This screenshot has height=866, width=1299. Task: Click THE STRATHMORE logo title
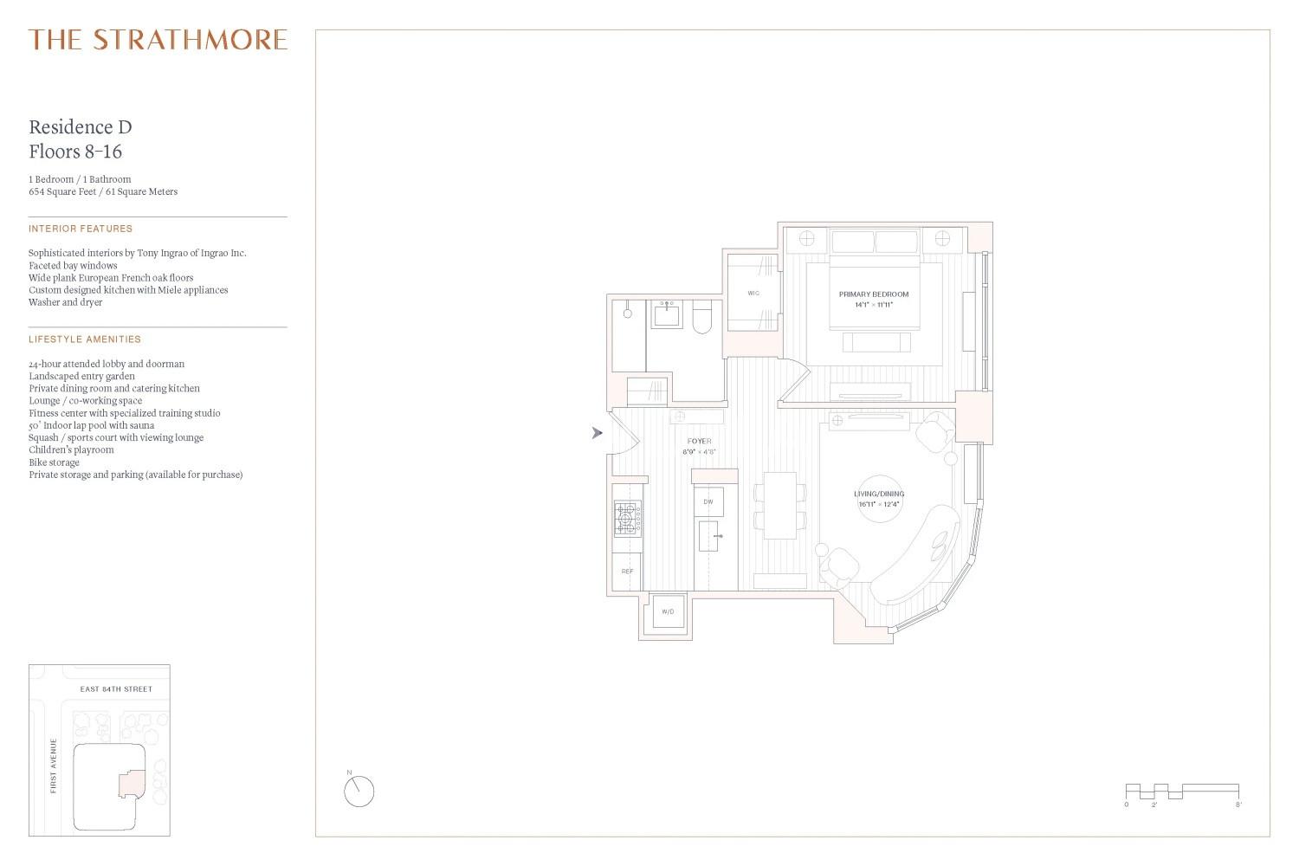(x=158, y=40)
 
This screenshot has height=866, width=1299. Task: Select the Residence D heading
(x=81, y=127)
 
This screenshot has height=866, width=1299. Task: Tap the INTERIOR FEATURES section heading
(x=81, y=229)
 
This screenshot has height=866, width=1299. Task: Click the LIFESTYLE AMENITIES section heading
(x=85, y=339)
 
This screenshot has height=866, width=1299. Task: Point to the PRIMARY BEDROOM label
(x=874, y=294)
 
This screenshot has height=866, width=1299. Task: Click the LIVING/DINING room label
(x=879, y=494)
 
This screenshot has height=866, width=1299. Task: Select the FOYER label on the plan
(x=700, y=442)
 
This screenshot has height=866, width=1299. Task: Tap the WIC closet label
(x=753, y=293)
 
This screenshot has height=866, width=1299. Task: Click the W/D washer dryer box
(x=668, y=611)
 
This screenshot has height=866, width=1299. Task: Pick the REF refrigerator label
(x=628, y=572)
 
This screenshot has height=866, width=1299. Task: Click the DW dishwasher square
(x=708, y=501)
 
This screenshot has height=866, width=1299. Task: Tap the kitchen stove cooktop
(x=628, y=518)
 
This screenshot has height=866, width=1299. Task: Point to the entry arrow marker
(x=597, y=433)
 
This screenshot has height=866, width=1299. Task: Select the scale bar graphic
(x=1182, y=792)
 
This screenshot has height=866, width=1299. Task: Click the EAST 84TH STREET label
(x=116, y=689)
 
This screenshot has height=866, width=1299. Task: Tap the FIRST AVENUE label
(x=54, y=766)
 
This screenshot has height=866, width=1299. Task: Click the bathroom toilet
(x=701, y=317)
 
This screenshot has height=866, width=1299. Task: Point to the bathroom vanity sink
(x=666, y=314)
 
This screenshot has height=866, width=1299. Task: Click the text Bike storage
(x=54, y=462)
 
